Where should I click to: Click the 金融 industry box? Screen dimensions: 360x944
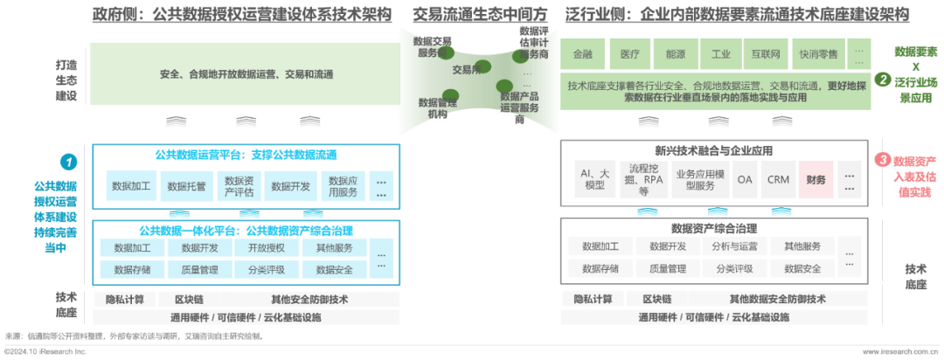pyautogui.click(x=582, y=54)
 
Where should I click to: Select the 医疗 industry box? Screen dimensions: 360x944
pyautogui.click(x=629, y=54)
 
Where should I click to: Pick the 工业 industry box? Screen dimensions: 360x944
pyautogui.click(x=720, y=54)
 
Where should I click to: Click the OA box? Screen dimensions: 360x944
pyautogui.click(x=744, y=179)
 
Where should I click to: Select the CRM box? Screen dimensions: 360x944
pyautogui.click(x=778, y=179)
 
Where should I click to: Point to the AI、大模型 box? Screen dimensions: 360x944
pyautogui.click(x=594, y=179)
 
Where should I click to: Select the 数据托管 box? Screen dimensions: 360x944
pyautogui.click(x=185, y=186)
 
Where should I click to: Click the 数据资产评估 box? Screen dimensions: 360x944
pyautogui.click(x=238, y=186)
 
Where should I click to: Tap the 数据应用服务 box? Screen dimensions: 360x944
pyautogui.click(x=342, y=186)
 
